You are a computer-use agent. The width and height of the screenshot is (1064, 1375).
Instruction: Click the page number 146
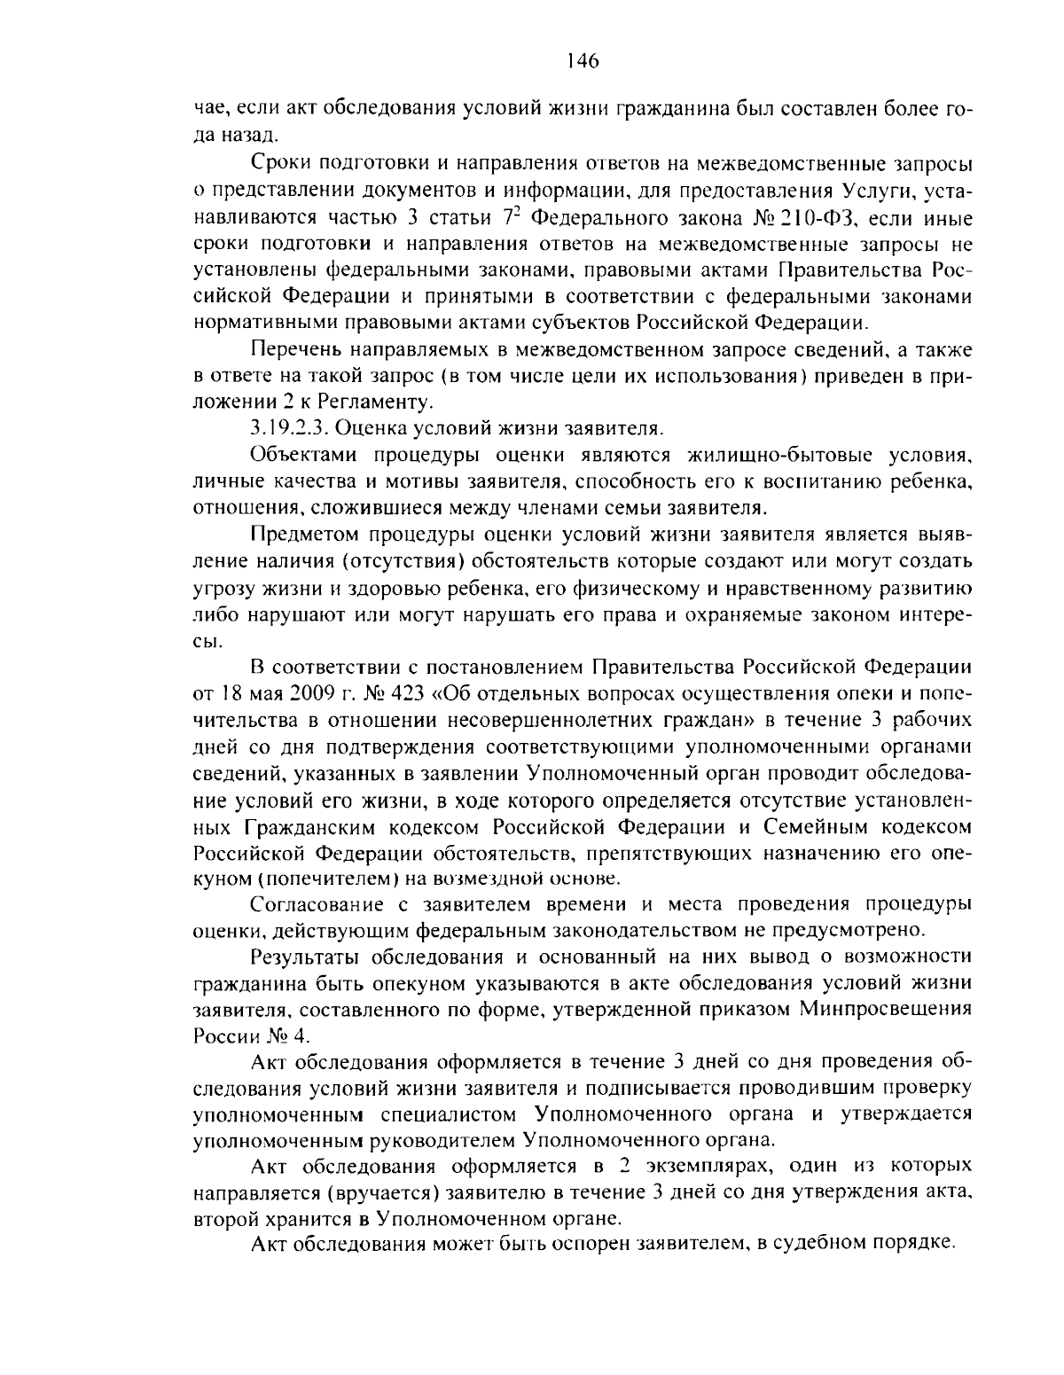click(582, 60)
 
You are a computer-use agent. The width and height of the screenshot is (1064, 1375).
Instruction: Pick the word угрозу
click(222, 588)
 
